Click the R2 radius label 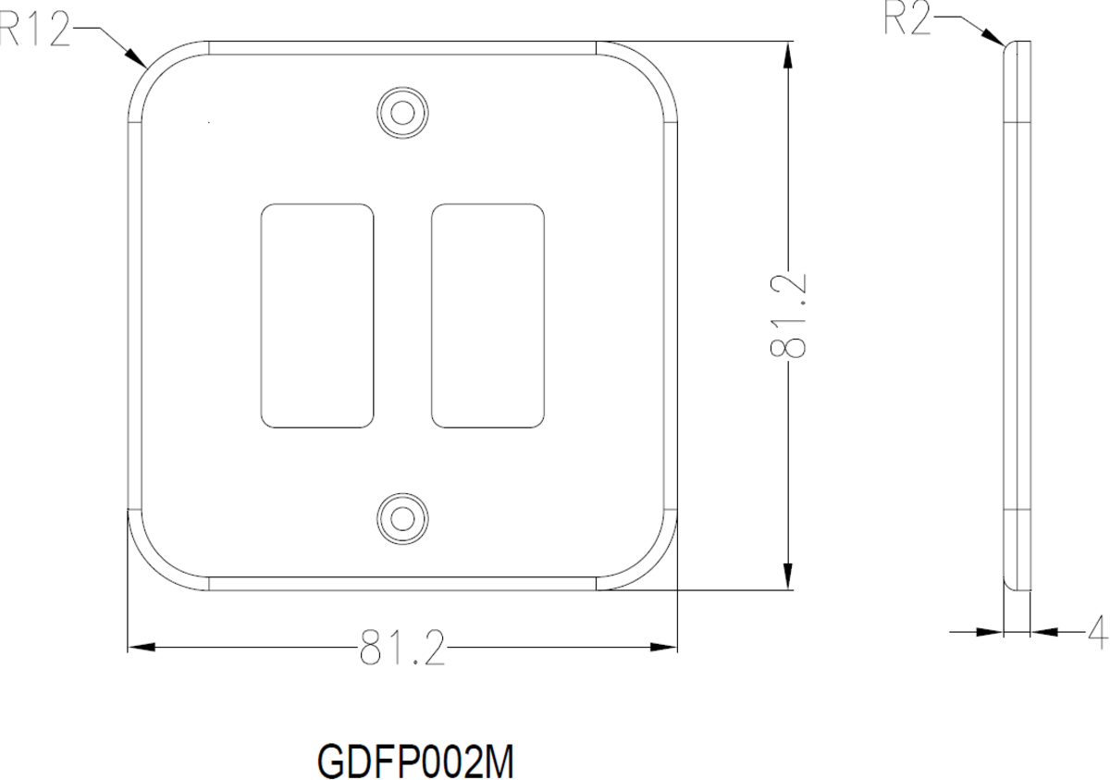click(907, 20)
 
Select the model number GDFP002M click(415, 761)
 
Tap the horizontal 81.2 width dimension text click(401, 647)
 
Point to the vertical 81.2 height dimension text click(788, 316)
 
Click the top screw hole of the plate click(402, 113)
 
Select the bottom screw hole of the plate click(402, 519)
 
